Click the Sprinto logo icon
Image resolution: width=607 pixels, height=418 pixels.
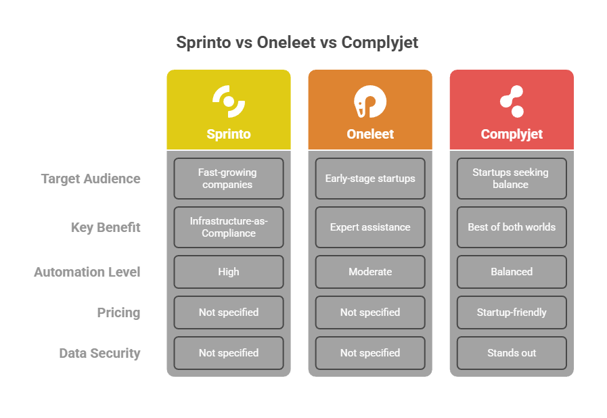229,101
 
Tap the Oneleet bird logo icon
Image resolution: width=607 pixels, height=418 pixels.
370,102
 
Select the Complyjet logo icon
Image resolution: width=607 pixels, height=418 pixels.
512,101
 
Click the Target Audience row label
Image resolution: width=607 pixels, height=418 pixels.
91,179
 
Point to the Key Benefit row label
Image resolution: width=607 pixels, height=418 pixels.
106,227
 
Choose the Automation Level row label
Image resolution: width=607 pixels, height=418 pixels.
87,272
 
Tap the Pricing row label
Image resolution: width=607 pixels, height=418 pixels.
118,312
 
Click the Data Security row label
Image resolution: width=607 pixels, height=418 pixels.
99,353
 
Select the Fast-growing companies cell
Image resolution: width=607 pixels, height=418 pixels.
229,179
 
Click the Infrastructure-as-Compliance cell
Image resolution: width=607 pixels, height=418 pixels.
229,227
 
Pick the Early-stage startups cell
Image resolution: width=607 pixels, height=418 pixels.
370,179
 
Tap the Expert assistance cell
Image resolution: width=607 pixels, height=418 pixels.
370,227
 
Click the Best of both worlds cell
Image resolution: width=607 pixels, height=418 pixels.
512,227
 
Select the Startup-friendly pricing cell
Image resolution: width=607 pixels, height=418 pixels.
512,312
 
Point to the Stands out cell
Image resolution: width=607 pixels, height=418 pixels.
512,353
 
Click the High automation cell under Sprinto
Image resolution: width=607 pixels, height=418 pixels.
229,272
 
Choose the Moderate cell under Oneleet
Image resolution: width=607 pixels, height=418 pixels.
370,272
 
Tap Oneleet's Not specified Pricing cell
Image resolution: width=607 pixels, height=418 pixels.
370,312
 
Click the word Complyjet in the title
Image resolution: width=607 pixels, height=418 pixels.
380,43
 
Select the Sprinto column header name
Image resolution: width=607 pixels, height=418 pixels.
229,134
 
